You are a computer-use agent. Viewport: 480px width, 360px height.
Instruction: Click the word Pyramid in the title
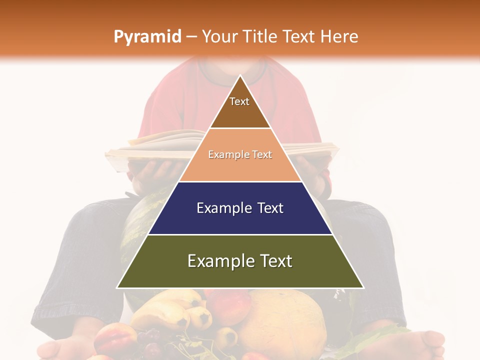pyautogui.click(x=147, y=37)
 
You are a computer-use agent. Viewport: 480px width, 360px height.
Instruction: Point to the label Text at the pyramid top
pyautogui.click(x=239, y=101)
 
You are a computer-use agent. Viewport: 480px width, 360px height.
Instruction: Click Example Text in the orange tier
pyautogui.click(x=240, y=154)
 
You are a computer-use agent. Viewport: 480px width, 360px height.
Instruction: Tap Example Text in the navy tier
pyautogui.click(x=240, y=208)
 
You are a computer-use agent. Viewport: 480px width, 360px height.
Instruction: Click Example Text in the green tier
pyautogui.click(x=240, y=261)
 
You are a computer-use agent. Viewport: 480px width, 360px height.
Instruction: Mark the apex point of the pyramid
pyautogui.click(x=240, y=76)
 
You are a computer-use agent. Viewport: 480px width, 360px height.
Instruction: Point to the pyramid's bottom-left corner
pyautogui.click(x=117, y=287)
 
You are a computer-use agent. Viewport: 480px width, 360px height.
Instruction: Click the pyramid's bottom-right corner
pyautogui.click(x=363, y=287)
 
